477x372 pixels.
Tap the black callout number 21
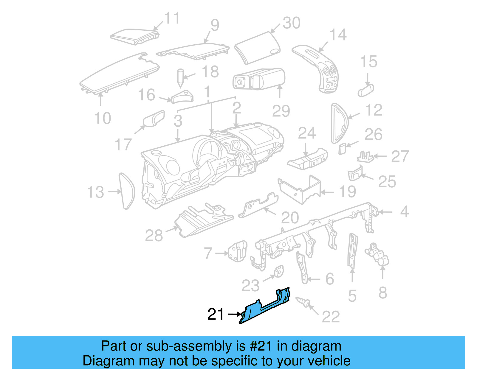pos(215,315)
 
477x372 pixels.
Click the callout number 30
pos(291,23)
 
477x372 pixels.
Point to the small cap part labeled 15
pos(366,90)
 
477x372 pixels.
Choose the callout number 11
pos(172,18)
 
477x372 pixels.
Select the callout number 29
pos(281,111)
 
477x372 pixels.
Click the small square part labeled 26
pos(342,148)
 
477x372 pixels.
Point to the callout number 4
pos(404,212)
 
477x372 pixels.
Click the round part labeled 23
pos(279,271)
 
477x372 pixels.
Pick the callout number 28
pos(154,236)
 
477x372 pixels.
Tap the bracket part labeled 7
pos(238,251)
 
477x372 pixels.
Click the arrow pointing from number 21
pos(234,314)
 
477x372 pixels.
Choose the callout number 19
pos(348,192)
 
